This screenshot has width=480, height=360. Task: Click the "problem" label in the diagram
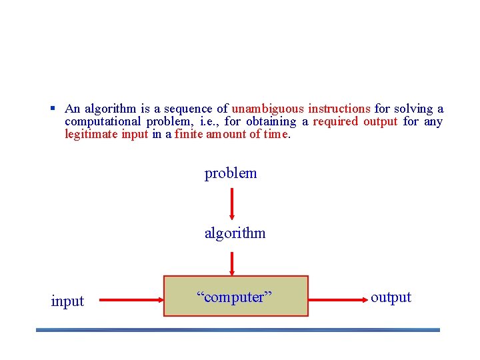pyautogui.click(x=231, y=173)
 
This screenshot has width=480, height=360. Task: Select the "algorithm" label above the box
pyautogui.click(x=235, y=233)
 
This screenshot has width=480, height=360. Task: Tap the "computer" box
pyautogui.click(x=236, y=296)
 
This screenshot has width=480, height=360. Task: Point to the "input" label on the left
pyautogui.click(x=67, y=301)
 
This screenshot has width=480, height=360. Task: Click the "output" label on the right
pyautogui.click(x=391, y=297)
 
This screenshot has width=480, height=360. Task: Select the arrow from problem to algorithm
pyautogui.click(x=231, y=203)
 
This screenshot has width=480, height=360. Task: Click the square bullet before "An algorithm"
pyautogui.click(x=51, y=108)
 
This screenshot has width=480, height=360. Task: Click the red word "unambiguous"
pyautogui.click(x=267, y=109)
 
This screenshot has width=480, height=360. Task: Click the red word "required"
pyautogui.click(x=335, y=121)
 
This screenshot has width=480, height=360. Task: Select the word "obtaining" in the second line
pyautogui.click(x=271, y=121)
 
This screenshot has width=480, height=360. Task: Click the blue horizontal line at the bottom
pyautogui.click(x=238, y=329)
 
